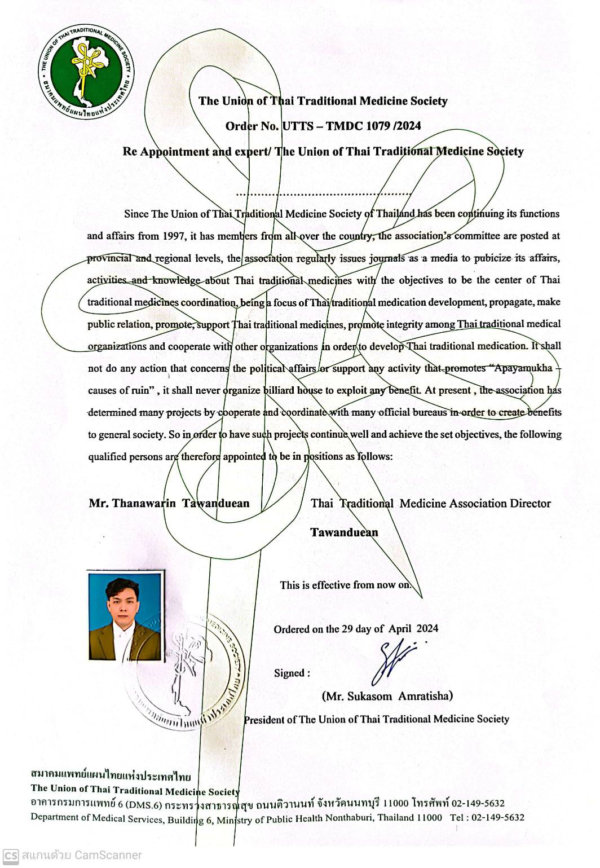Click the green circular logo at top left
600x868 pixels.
[x=86, y=70]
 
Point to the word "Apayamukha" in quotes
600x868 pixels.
[x=523, y=369]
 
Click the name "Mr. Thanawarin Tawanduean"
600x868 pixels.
[x=169, y=504]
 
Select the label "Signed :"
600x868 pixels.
[x=292, y=673]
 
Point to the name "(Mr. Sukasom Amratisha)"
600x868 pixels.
[x=387, y=697]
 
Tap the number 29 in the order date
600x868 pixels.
[x=347, y=629]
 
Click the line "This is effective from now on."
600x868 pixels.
[x=346, y=585]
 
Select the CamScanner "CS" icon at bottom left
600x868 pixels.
[x=11, y=855]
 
